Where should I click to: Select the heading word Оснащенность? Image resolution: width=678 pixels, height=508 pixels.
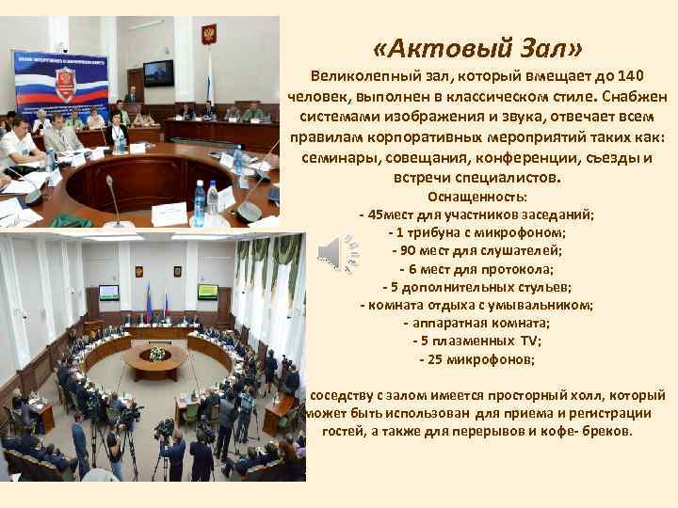[477, 198]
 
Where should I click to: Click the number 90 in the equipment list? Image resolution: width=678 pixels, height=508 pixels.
[413, 251]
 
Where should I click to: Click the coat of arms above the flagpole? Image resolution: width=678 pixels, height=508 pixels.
[208, 37]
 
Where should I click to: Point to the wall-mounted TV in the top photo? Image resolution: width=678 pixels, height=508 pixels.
[158, 71]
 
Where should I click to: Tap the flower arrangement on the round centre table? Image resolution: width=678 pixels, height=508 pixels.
[157, 354]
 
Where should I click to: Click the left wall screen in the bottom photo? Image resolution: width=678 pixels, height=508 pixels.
[108, 292]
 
